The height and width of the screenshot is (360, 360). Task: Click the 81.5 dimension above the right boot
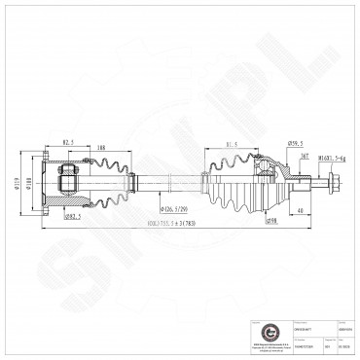coord(233,146)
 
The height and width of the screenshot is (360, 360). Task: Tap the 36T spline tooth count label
coord(304,157)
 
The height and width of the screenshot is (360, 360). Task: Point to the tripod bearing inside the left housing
coord(70,180)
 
